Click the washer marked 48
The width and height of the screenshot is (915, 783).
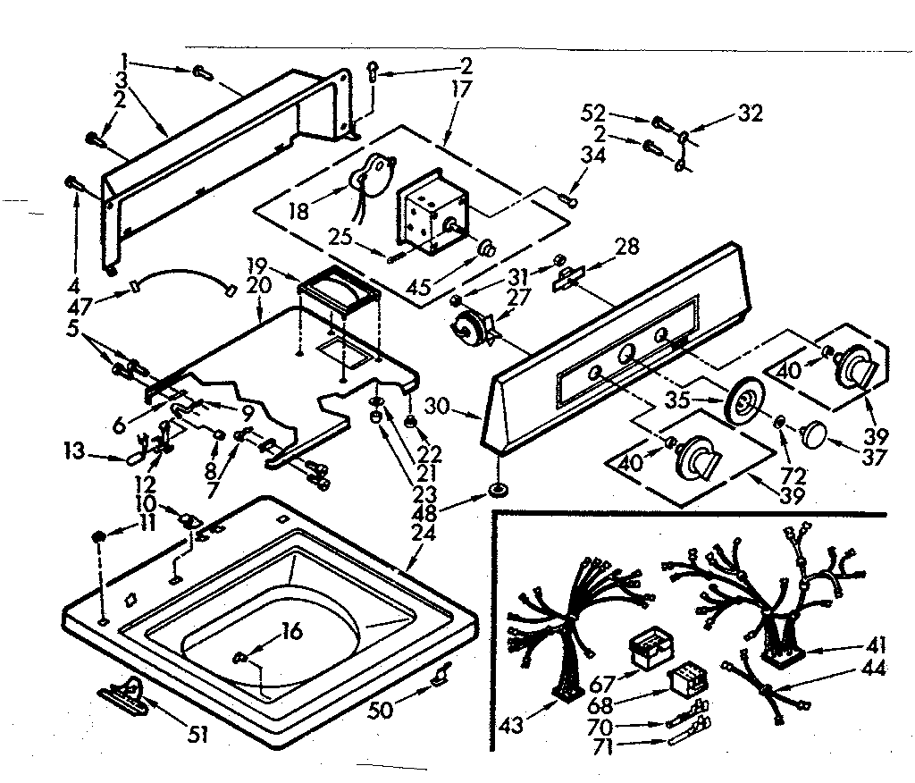(x=496, y=491)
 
